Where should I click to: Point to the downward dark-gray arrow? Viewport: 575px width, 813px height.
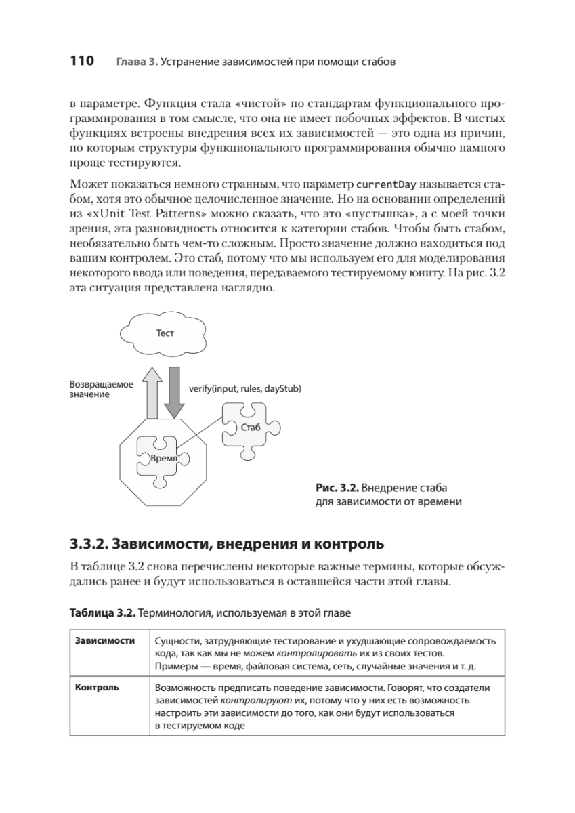tap(175, 392)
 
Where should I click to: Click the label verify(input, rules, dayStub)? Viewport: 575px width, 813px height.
tap(244, 388)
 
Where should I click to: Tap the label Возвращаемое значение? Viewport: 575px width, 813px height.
tap(102, 388)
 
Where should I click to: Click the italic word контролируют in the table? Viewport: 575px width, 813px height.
tap(245, 700)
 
